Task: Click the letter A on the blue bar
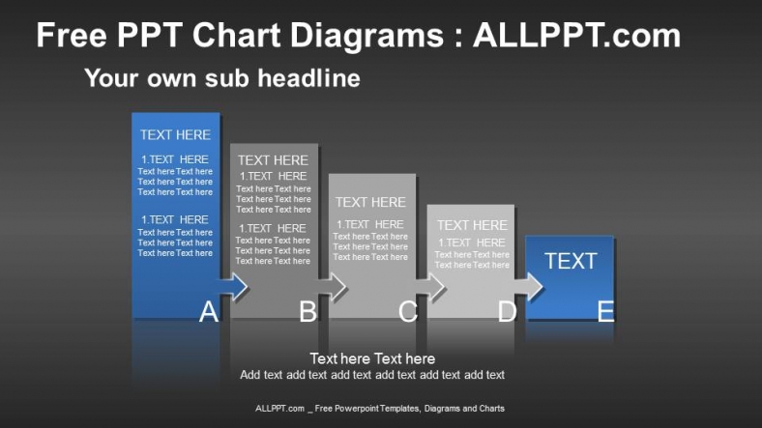[208, 311]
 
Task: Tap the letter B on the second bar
[308, 311]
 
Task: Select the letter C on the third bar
[407, 311]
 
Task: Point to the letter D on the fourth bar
[507, 311]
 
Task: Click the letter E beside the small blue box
[605, 311]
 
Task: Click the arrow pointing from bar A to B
[233, 286]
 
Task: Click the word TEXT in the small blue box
[571, 261]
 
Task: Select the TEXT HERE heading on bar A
[175, 135]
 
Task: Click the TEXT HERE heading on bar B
[273, 160]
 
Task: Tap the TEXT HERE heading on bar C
[370, 202]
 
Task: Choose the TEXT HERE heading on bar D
[471, 225]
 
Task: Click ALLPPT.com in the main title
[576, 37]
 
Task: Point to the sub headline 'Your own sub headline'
[222, 77]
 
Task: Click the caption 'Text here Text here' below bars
[372, 358]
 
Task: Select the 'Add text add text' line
[372, 375]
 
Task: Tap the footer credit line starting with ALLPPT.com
[379, 409]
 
